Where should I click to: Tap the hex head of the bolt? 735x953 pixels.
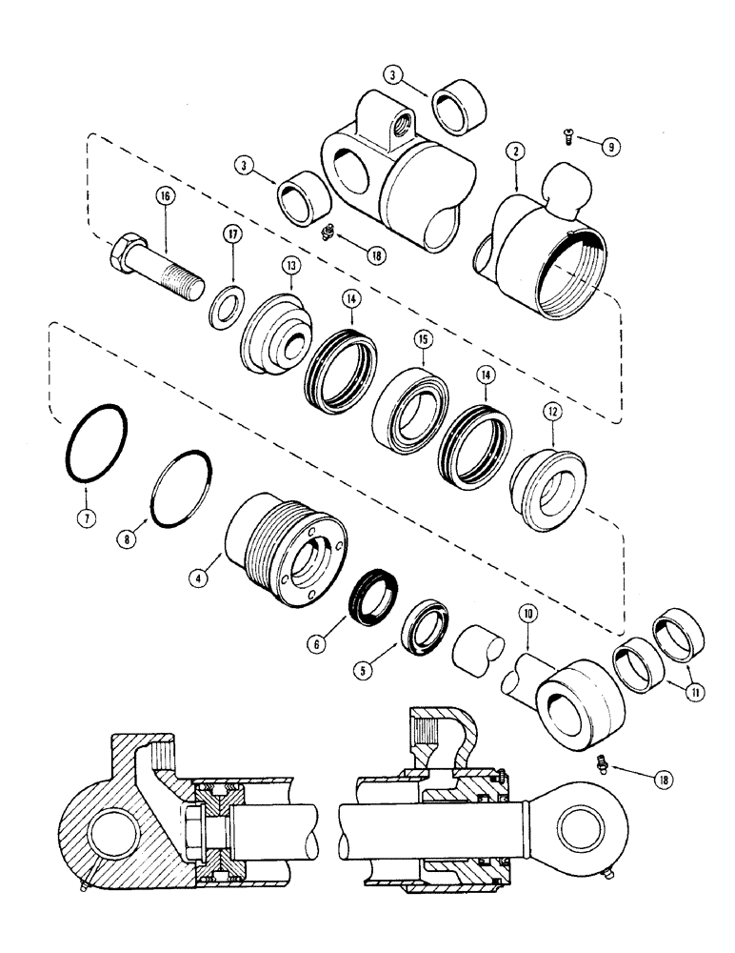pyautogui.click(x=125, y=254)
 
